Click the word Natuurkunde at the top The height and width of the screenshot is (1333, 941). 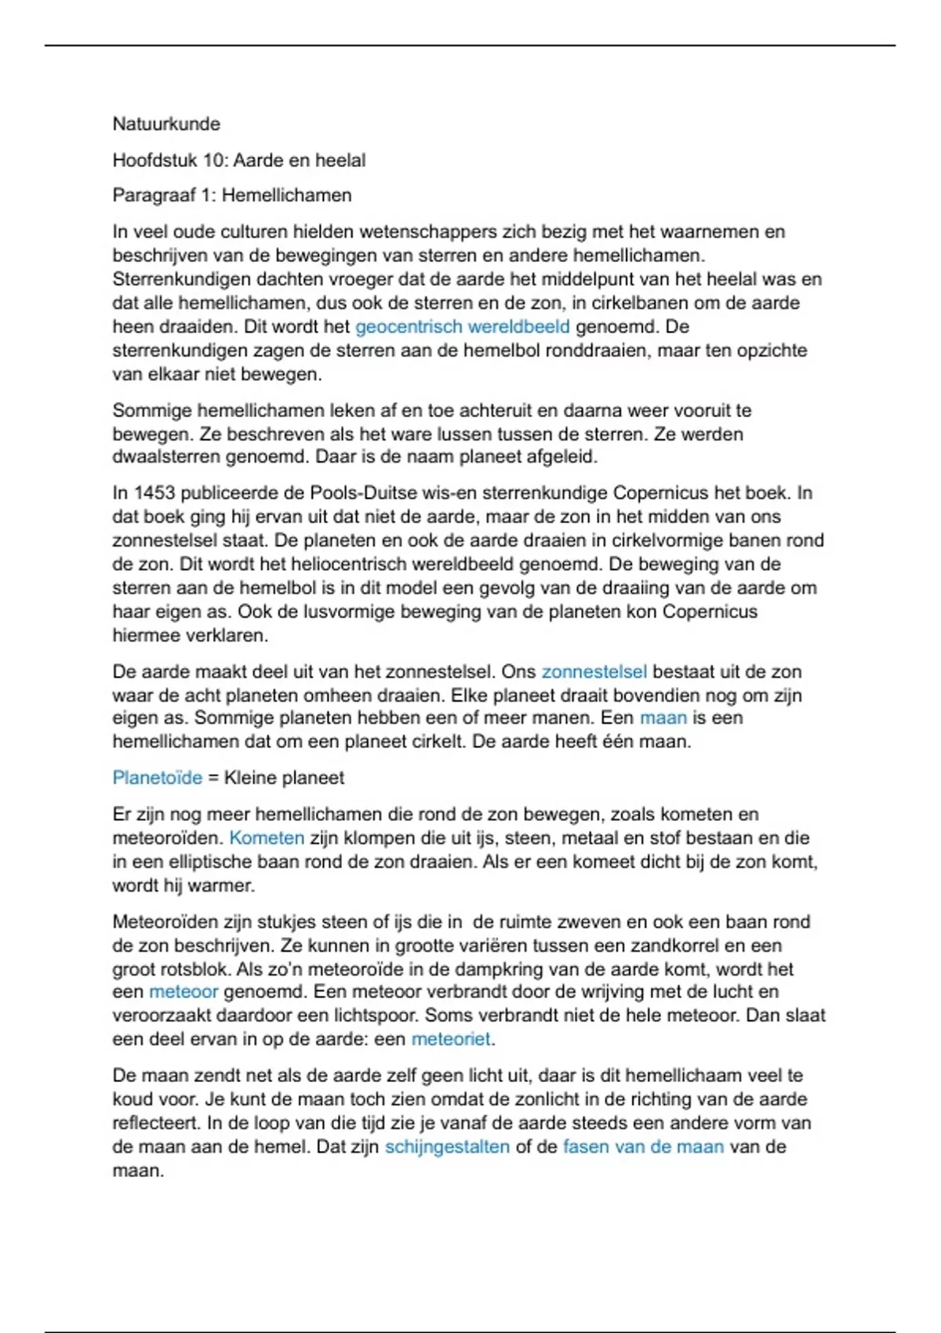[166, 124]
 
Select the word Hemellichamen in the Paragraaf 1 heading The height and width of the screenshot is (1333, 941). [286, 195]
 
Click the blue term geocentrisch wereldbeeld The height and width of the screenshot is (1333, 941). [462, 326]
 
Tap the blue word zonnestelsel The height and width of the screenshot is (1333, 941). [594, 671]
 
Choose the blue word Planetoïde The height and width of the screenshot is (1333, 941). [157, 777]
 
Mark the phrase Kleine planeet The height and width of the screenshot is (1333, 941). [284, 777]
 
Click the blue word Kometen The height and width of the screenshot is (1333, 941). [267, 837]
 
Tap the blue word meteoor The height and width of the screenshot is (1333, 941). [183, 992]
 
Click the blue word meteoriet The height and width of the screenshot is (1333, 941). [451, 1039]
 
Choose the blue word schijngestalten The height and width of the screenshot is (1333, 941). [447, 1146]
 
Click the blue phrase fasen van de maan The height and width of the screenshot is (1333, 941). [643, 1146]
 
